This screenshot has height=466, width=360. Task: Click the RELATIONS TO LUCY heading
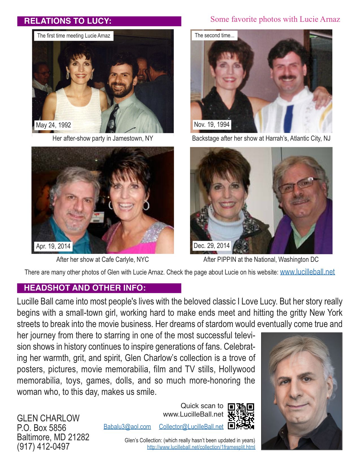(x=68, y=21)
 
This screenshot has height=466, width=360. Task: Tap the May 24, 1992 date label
(x=53, y=125)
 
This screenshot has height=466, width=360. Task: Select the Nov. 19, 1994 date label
(x=211, y=125)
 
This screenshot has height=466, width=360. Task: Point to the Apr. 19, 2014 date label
(x=53, y=246)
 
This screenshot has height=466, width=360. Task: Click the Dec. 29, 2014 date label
(x=211, y=246)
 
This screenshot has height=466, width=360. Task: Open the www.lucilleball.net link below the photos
(x=307, y=272)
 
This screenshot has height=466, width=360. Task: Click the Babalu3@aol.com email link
(x=127, y=426)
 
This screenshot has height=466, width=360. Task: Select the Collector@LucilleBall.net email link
(x=191, y=426)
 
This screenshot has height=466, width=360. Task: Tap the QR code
(x=241, y=416)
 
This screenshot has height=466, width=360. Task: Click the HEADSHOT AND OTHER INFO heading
(x=85, y=288)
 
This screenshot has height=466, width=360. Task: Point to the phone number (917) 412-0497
(x=43, y=447)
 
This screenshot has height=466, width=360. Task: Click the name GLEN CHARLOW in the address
(x=48, y=418)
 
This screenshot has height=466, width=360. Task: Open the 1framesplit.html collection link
(x=201, y=447)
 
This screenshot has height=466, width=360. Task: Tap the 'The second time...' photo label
(x=214, y=36)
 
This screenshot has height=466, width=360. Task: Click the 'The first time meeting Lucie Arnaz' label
(x=74, y=36)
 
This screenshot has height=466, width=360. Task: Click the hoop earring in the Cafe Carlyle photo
(x=146, y=205)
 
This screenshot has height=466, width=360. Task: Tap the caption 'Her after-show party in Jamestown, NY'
(x=103, y=138)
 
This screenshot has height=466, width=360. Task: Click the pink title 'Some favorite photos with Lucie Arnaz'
(x=275, y=19)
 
